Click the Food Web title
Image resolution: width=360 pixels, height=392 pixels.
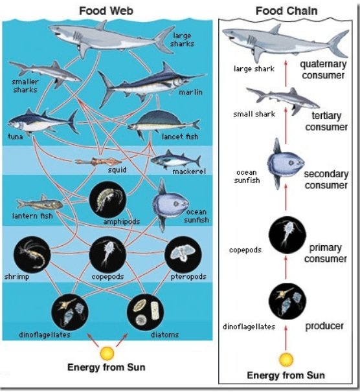(106, 11)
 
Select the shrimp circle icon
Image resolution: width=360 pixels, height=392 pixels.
(30, 255)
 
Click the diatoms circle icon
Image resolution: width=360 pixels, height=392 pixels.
(145, 312)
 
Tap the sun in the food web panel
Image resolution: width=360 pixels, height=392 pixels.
(107, 353)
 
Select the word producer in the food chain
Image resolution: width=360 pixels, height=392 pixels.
(324, 326)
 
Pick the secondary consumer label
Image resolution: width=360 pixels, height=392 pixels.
(326, 179)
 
